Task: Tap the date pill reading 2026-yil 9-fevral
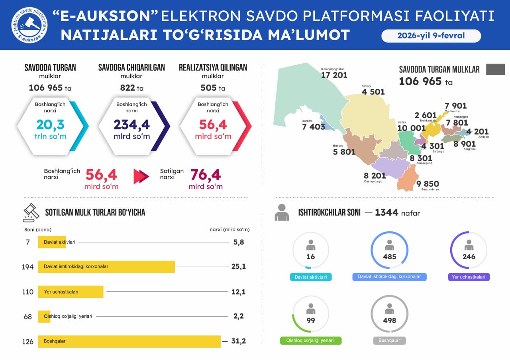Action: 431,36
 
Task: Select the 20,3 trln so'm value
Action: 50,125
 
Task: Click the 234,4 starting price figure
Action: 131,125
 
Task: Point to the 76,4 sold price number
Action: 205,175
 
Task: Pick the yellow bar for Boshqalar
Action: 129,341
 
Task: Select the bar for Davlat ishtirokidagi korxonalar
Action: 106,266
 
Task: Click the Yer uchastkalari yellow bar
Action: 71,292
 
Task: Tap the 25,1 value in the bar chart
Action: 238,266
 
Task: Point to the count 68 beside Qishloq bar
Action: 28,317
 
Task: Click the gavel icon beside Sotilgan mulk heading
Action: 31,212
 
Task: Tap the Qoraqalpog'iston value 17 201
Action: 334,75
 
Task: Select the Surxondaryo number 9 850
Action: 428,184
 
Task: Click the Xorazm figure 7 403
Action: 314,127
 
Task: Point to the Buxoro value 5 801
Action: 344,152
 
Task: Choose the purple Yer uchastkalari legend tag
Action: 469,277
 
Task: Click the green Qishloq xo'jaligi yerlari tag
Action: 311,340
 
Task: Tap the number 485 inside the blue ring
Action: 389,257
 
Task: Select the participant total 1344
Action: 386,212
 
